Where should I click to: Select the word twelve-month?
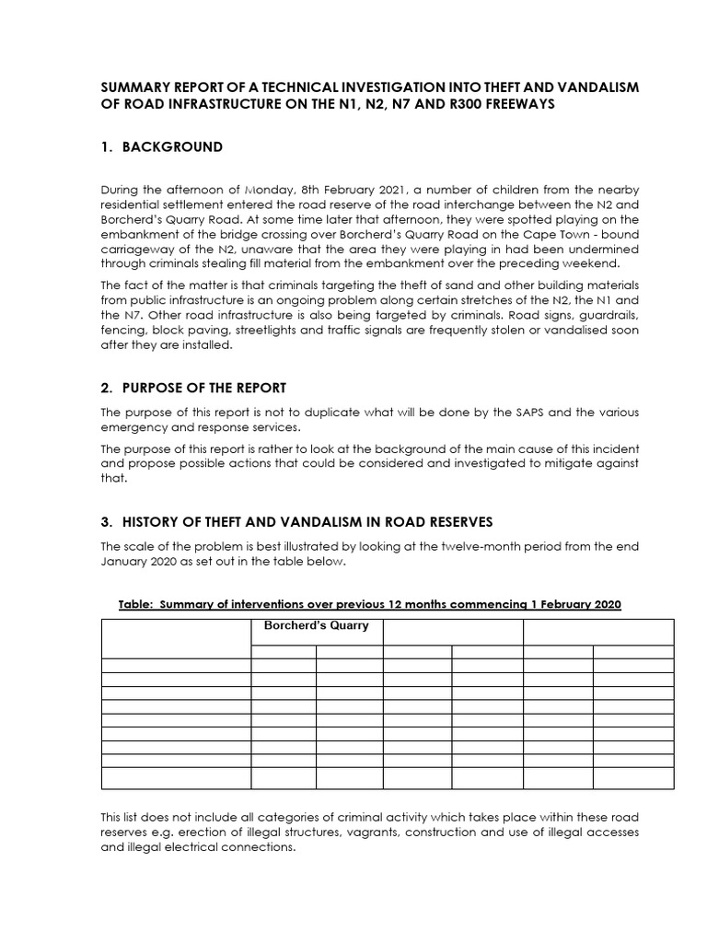(x=424, y=547)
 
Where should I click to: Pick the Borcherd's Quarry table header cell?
(x=316, y=626)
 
